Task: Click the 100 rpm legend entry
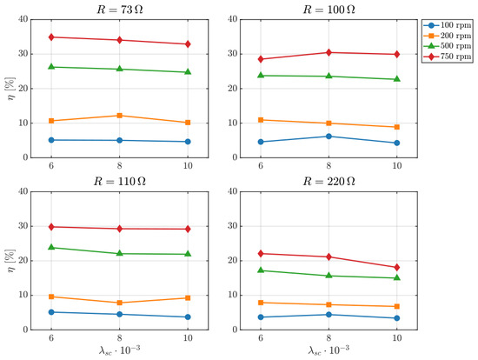click(448, 25)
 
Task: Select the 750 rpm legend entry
click(448, 57)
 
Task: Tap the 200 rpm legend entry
click(448, 36)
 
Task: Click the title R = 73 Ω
click(120, 10)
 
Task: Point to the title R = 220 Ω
click(329, 182)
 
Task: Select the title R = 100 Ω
click(329, 10)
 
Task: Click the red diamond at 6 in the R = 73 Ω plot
click(51, 37)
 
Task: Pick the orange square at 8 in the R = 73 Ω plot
click(120, 116)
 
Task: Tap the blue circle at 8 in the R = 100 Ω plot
click(329, 137)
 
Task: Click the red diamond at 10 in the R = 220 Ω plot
click(396, 268)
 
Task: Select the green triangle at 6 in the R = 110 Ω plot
click(51, 247)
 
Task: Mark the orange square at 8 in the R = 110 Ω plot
click(120, 303)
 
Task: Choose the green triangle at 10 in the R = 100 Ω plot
click(396, 79)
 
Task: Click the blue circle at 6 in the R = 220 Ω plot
click(261, 317)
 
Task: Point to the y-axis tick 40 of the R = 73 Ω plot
click(23, 19)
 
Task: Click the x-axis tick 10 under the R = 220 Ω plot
click(396, 338)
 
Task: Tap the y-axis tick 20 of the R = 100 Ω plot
click(233, 89)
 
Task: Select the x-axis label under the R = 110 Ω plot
click(120, 350)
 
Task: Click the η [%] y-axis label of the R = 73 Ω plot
click(10, 89)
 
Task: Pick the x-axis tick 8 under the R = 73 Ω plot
click(120, 166)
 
